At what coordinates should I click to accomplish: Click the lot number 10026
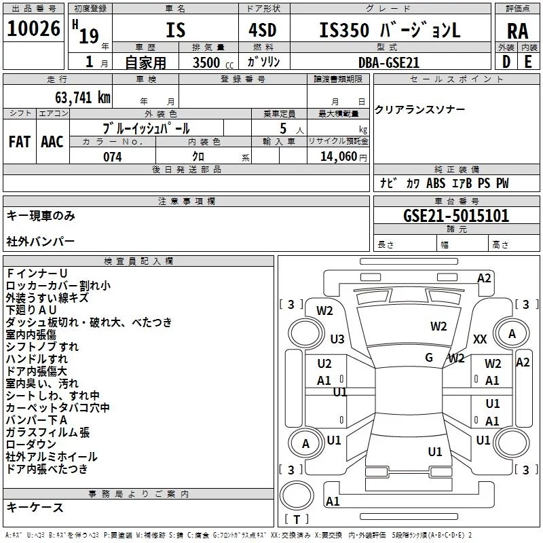click(x=33, y=29)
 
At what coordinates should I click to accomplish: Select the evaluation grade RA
click(x=517, y=31)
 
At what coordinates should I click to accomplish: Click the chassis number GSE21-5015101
click(x=455, y=216)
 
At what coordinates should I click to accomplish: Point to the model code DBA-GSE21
click(x=389, y=62)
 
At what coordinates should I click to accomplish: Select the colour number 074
click(x=112, y=157)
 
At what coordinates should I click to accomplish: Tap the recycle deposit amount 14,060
click(x=337, y=157)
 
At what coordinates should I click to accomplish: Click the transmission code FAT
click(x=19, y=142)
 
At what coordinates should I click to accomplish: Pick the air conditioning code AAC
click(x=52, y=142)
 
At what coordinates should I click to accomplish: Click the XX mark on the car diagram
click(x=480, y=339)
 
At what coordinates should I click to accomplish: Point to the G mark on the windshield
click(x=429, y=358)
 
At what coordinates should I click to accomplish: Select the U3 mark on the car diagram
click(x=337, y=339)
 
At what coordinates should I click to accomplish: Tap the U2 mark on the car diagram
click(x=324, y=364)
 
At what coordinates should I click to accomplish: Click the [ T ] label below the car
click(x=296, y=520)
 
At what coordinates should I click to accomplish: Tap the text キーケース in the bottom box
click(x=35, y=507)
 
